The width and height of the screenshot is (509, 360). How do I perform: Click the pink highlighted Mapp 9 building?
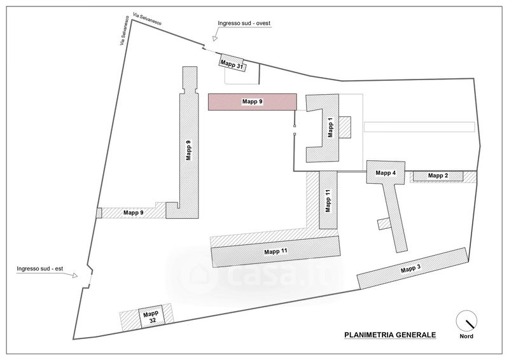click(253, 102)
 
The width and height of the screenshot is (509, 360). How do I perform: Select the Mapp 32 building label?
click(150, 317)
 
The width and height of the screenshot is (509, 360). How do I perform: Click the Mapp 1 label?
click(330, 127)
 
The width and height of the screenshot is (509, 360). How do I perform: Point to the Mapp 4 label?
click(386, 172)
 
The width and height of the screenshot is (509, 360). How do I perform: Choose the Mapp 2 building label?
click(438, 176)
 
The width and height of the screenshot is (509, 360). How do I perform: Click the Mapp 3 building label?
click(410, 270)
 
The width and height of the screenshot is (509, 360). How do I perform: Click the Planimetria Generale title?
click(390, 334)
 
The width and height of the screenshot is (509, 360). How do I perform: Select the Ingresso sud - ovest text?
click(244, 24)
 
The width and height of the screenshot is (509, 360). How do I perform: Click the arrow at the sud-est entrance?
click(76, 276)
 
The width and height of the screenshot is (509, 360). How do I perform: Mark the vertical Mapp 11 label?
click(328, 200)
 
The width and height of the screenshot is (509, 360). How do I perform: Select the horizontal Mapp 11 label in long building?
click(275, 253)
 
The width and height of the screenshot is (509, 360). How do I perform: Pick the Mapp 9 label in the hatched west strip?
click(133, 212)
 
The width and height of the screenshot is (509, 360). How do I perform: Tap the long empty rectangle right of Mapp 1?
click(419, 127)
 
